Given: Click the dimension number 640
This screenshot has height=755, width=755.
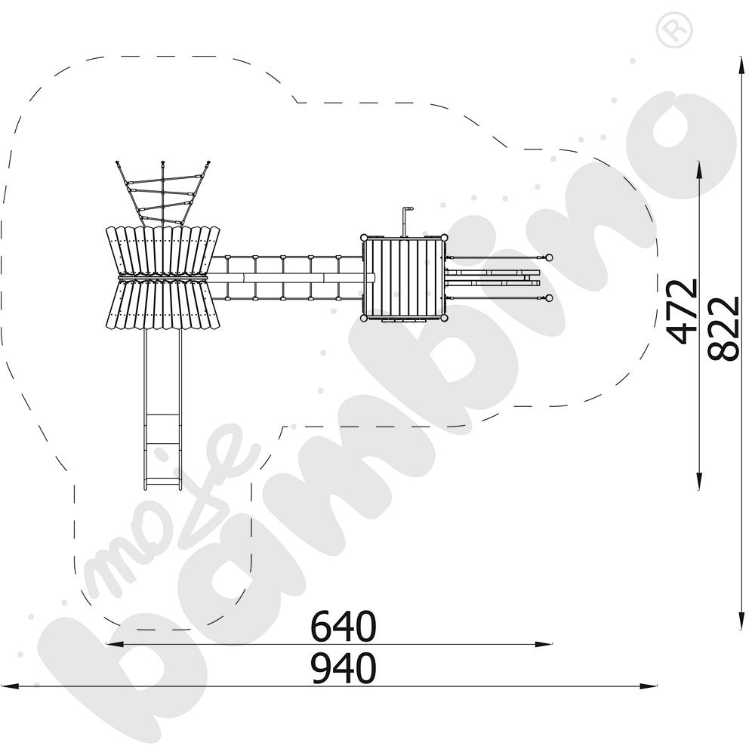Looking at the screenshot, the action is click(343, 626).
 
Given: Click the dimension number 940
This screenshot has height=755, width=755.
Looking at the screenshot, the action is click(343, 668).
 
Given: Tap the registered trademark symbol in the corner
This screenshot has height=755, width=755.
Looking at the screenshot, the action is click(674, 30).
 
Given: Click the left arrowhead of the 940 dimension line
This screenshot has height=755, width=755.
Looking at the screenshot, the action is click(10, 686).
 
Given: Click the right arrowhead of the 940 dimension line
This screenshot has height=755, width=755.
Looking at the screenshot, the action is click(649, 686).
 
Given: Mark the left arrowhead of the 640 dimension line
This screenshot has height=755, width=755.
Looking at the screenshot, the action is click(115, 644).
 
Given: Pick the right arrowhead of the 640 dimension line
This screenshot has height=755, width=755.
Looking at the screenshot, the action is click(544, 644).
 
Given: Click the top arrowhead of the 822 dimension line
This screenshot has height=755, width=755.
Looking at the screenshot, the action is click(740, 65).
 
